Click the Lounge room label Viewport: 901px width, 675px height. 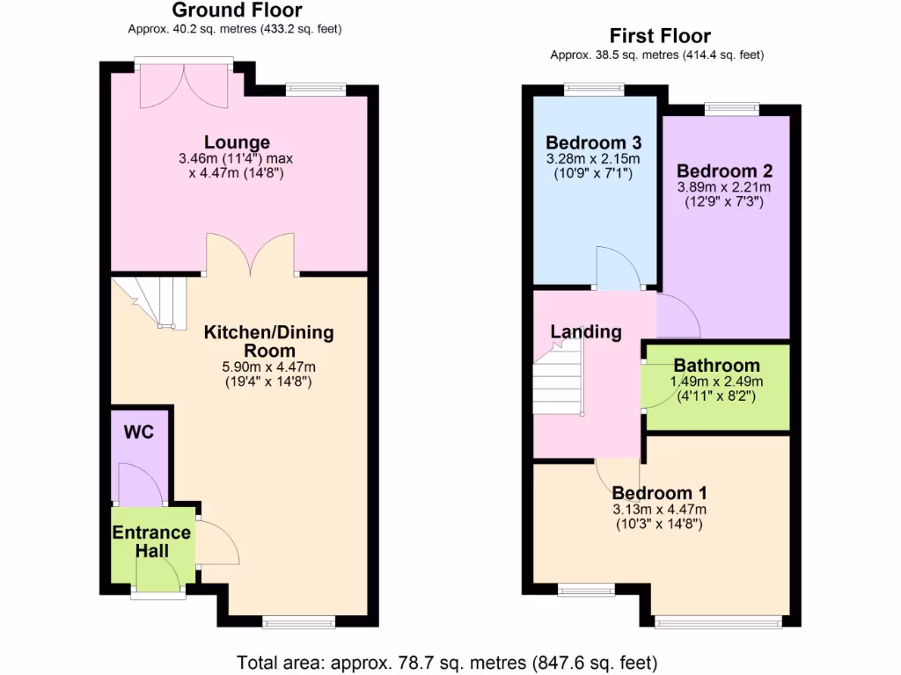(x=237, y=142)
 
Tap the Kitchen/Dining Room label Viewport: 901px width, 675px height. (x=268, y=342)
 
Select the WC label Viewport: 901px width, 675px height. (x=139, y=433)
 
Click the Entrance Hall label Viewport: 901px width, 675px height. (x=150, y=541)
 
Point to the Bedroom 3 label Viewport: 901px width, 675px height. (x=593, y=143)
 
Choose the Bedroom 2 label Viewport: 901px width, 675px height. (x=718, y=171)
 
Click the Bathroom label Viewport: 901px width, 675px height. (x=716, y=366)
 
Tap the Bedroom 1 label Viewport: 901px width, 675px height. (x=659, y=493)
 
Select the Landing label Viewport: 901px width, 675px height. (x=586, y=331)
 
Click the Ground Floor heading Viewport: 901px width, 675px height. (x=237, y=11)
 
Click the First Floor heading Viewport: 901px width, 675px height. (x=660, y=36)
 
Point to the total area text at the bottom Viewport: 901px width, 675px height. (x=447, y=662)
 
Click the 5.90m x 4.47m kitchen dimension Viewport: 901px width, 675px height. (x=268, y=367)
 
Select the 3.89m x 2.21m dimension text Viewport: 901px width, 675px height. (x=724, y=187)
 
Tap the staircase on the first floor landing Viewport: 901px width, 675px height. (x=560, y=378)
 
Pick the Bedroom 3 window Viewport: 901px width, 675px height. (x=594, y=88)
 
